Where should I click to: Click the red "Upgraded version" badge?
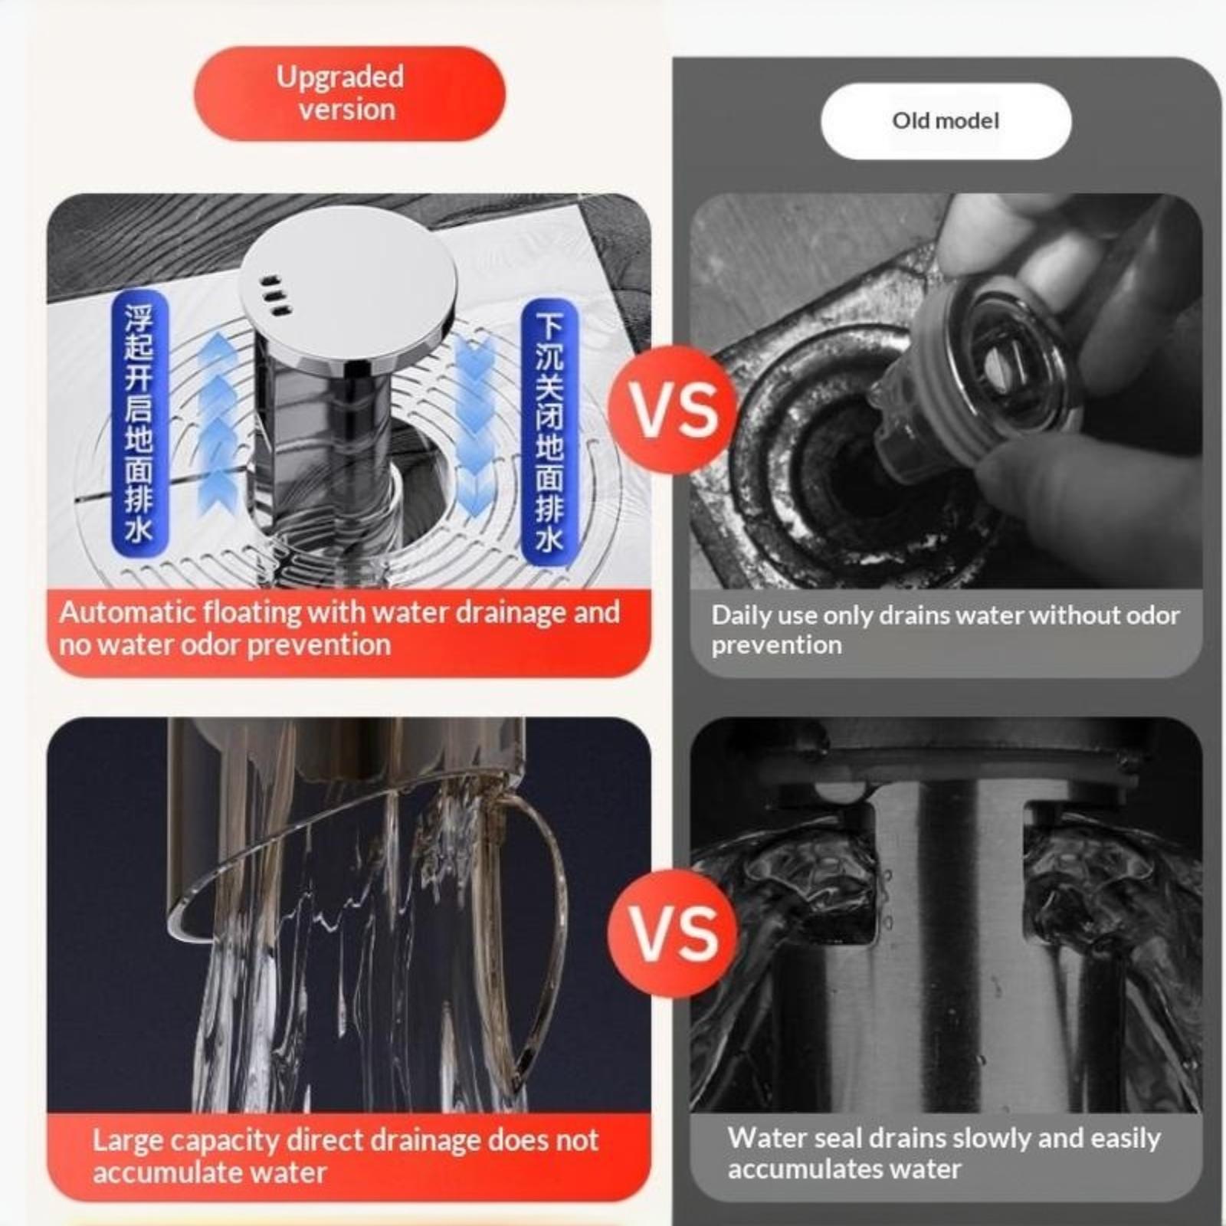coord(349,93)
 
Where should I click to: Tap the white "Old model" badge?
coord(946,120)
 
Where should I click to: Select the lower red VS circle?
coord(674,933)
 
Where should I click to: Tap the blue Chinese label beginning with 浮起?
coord(139,422)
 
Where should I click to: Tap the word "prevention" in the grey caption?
coord(776,646)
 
